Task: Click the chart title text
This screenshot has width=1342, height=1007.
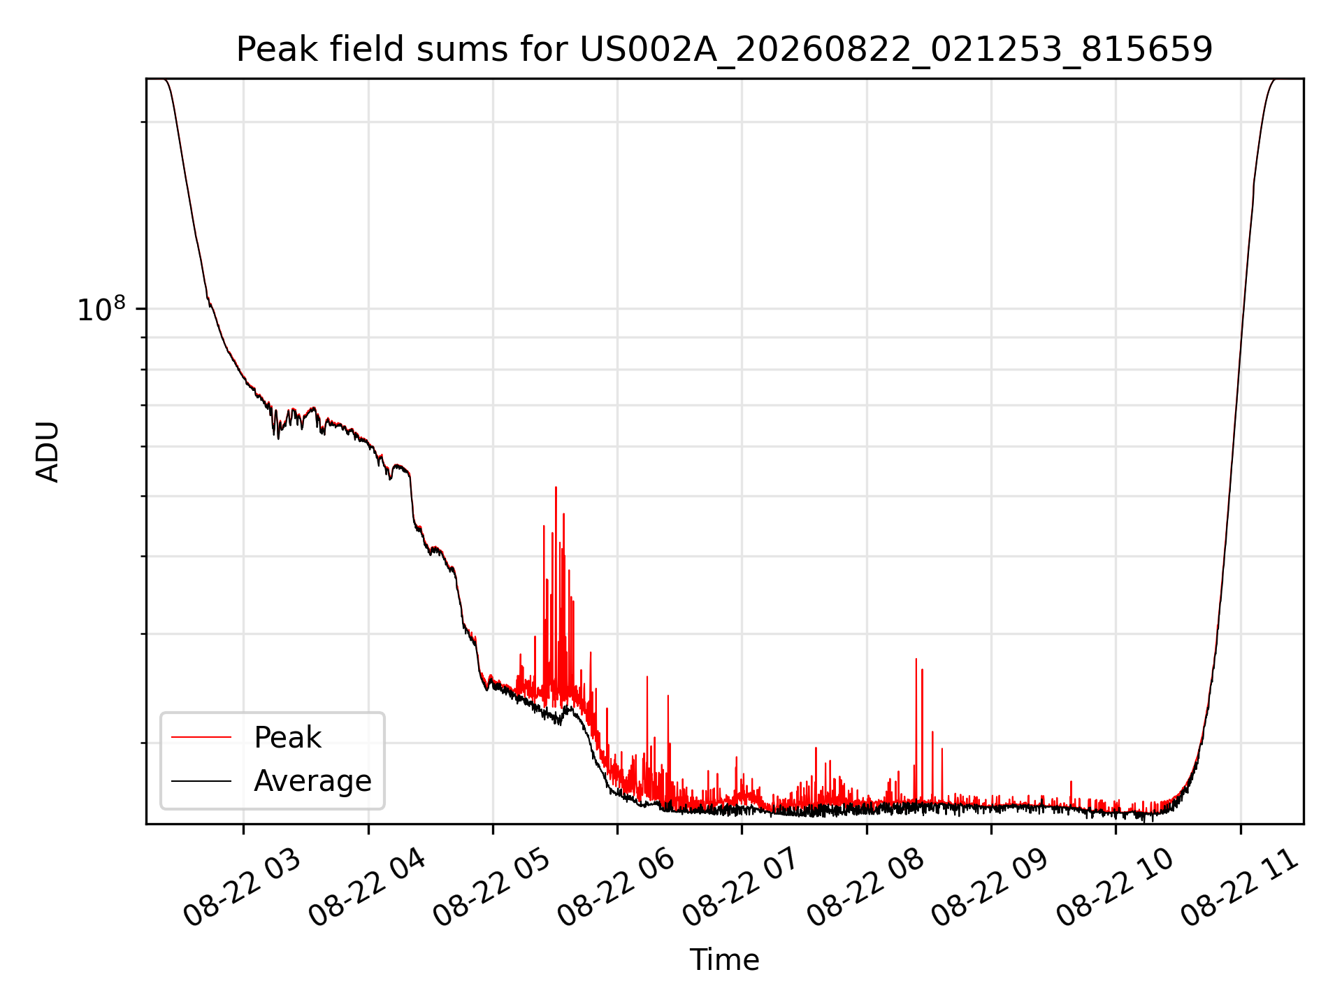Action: click(724, 50)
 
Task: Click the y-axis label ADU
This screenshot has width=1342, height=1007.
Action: click(48, 451)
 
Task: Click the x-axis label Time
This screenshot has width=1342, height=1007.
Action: click(724, 959)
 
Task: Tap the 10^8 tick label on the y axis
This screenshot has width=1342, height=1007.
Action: click(101, 309)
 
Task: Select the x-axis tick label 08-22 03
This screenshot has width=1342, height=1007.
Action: click(242, 889)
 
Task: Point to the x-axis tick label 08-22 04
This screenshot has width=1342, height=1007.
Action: click(367, 889)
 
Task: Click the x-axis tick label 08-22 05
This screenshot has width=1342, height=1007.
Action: click(491, 889)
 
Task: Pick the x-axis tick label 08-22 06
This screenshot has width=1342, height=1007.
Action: click(616, 889)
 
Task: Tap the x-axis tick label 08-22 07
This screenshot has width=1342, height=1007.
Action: click(740, 889)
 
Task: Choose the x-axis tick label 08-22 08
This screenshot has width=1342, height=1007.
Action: click(865, 889)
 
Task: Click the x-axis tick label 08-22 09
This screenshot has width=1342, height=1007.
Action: click(990, 889)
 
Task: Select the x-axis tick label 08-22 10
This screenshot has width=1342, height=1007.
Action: click(1114, 889)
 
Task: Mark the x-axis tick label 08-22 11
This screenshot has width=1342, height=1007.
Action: click(1239, 889)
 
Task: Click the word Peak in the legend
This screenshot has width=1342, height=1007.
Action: click(287, 738)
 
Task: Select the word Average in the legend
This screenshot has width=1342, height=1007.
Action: click(312, 781)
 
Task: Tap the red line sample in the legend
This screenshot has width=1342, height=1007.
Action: click(201, 737)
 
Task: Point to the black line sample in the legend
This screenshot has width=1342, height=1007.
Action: click(201, 780)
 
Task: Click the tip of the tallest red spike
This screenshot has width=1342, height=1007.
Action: click(556, 487)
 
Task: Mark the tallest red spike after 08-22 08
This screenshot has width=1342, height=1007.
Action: click(916, 659)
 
